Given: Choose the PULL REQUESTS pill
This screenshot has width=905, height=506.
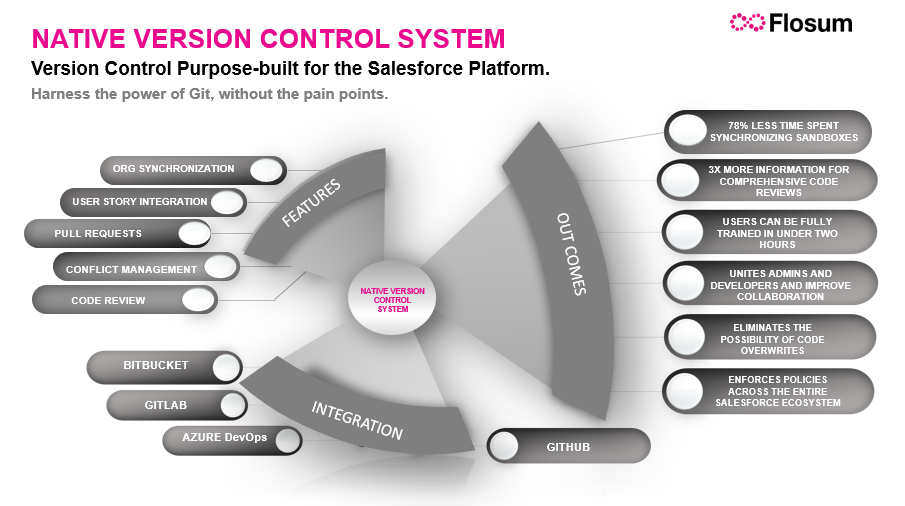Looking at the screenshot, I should (118, 234).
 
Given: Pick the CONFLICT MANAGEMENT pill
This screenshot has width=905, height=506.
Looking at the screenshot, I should (145, 267).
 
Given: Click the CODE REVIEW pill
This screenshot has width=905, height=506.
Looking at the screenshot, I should (125, 299).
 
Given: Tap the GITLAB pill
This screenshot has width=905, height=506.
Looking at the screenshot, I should (176, 405).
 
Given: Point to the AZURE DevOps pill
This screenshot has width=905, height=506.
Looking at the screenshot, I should (231, 439).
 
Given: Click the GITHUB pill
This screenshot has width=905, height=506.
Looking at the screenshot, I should (568, 446).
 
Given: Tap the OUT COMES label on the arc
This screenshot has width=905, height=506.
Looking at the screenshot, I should (570, 254).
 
